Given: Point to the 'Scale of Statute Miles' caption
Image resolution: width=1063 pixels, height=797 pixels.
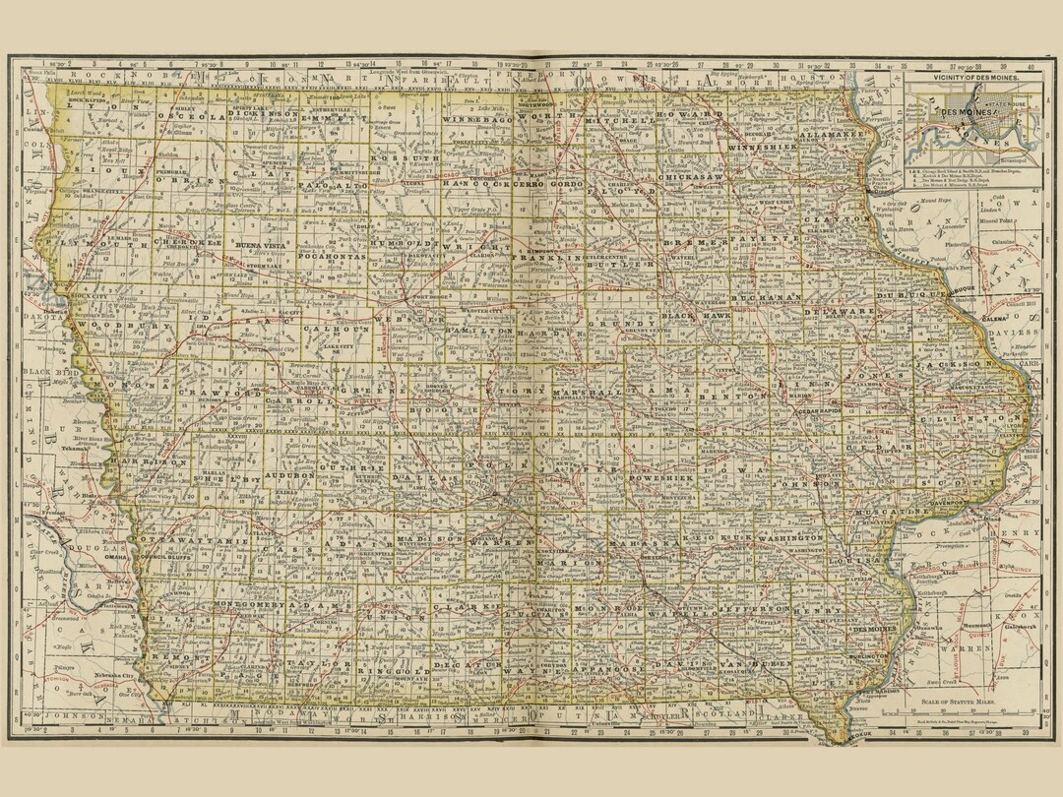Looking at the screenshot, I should [969, 702].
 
